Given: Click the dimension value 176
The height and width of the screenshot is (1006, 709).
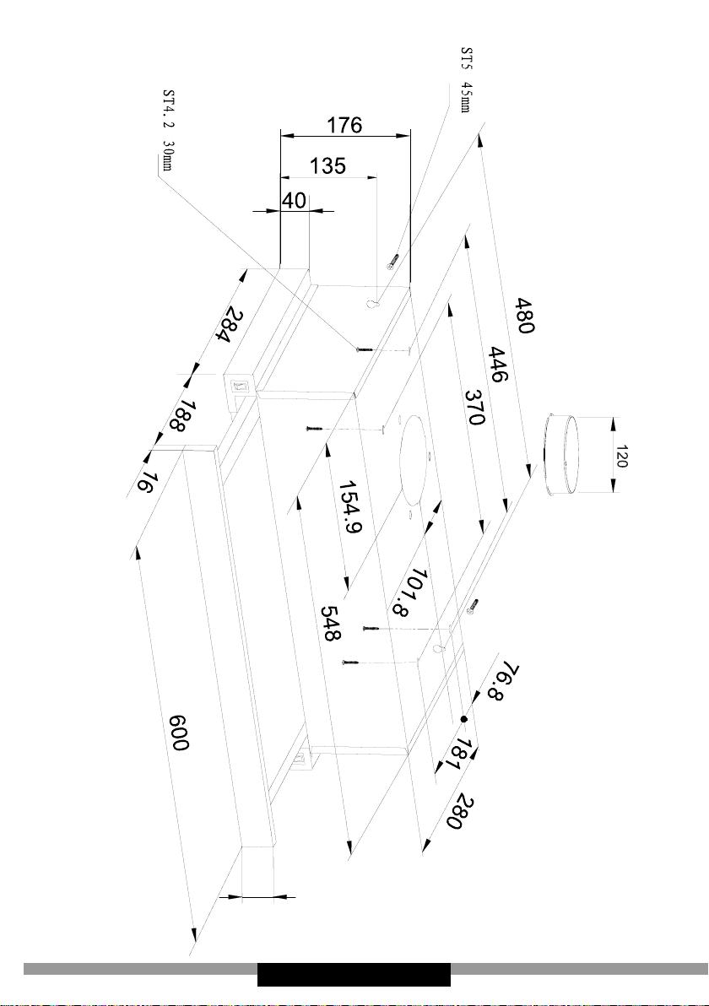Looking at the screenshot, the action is [344, 124].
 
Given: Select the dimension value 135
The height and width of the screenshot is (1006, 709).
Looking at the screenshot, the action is [327, 166].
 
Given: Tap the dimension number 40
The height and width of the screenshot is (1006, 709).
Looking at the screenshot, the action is [294, 201].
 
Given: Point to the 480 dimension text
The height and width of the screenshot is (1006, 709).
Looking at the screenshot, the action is [523, 316].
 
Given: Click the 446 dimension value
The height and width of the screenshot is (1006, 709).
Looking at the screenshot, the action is [497, 364].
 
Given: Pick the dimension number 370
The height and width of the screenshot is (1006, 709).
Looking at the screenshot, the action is [474, 408].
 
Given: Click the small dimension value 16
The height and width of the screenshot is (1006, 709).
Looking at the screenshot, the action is [145, 482].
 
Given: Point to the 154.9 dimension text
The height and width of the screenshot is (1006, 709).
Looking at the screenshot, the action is [350, 507].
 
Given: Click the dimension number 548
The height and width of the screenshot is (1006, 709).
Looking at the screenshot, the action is [331, 624].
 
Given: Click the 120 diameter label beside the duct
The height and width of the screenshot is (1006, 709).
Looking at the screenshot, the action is [622, 457].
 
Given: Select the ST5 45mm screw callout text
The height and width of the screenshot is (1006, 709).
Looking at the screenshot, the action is [467, 79].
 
